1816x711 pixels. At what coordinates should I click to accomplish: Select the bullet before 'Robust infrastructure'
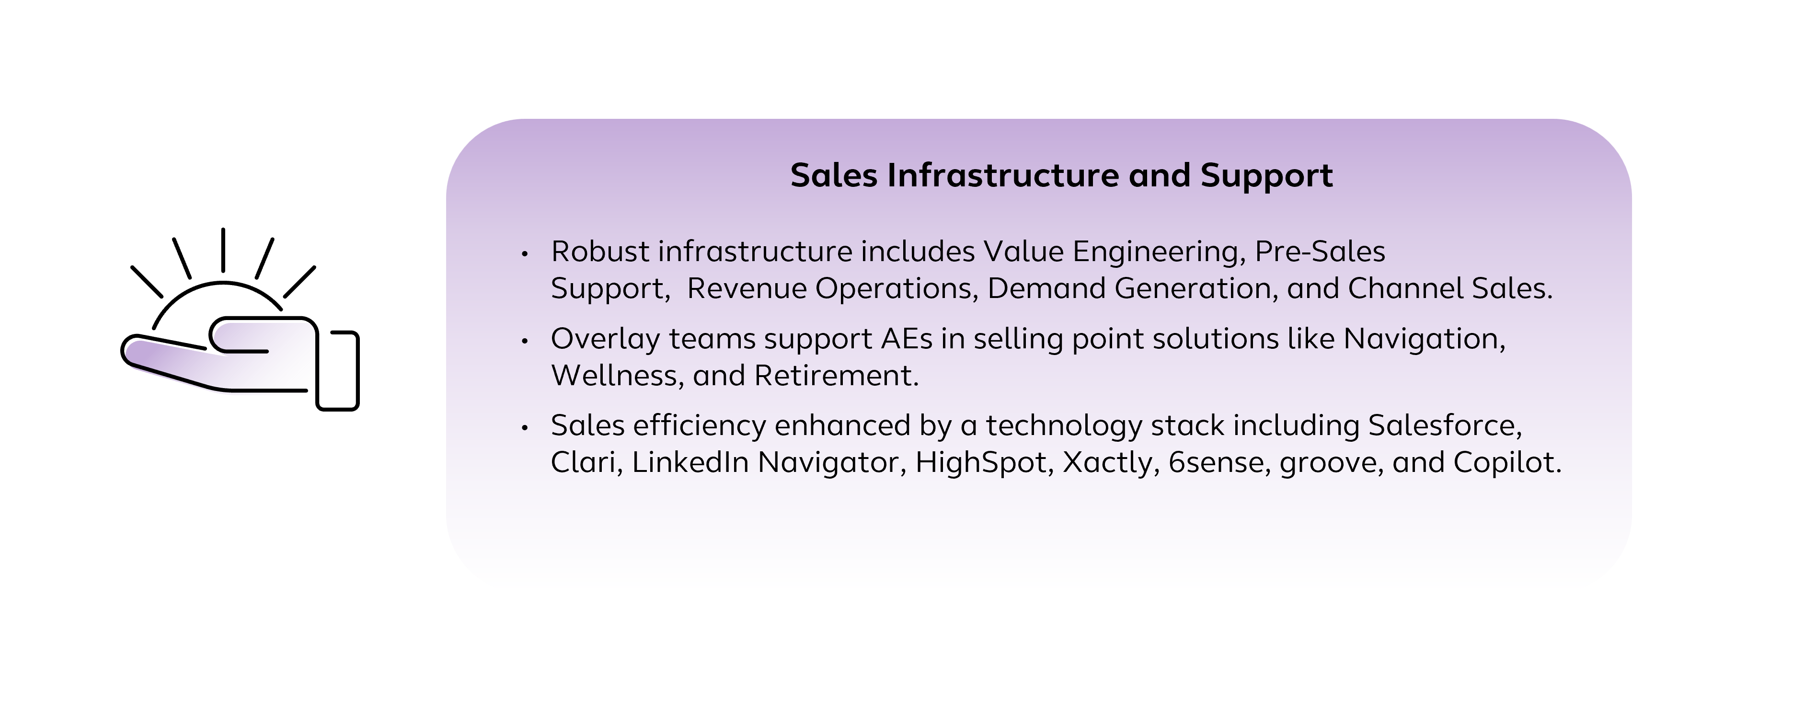click(x=525, y=253)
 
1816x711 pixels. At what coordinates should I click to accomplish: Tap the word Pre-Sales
click(x=1320, y=252)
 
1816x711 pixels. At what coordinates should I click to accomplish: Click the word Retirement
click(x=836, y=376)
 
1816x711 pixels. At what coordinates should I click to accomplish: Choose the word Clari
click(x=586, y=462)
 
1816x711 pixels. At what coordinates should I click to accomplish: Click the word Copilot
click(x=1507, y=463)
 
